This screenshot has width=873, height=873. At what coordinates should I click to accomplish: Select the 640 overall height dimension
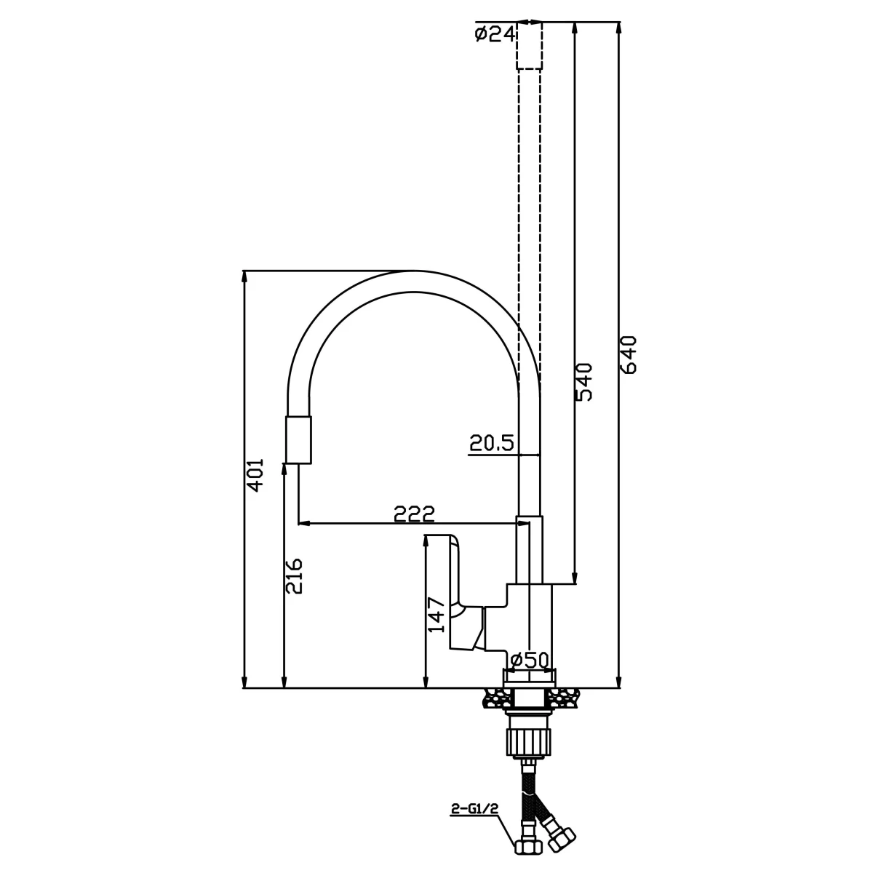pyautogui.click(x=629, y=354)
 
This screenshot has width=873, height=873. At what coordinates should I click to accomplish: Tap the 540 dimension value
pyautogui.click(x=585, y=382)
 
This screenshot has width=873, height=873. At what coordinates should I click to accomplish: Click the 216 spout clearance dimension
pyautogui.click(x=293, y=576)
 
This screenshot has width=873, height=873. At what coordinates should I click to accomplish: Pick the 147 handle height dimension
pyautogui.click(x=436, y=615)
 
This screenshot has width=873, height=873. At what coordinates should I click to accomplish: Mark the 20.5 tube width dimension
pyautogui.click(x=491, y=443)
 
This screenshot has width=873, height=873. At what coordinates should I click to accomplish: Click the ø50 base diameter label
pyautogui.click(x=529, y=661)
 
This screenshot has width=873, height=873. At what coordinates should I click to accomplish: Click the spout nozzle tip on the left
pyautogui.click(x=299, y=440)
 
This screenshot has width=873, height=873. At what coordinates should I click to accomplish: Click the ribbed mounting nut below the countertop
pyautogui.click(x=529, y=743)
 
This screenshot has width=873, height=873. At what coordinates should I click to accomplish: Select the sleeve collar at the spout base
pyautogui.click(x=529, y=550)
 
